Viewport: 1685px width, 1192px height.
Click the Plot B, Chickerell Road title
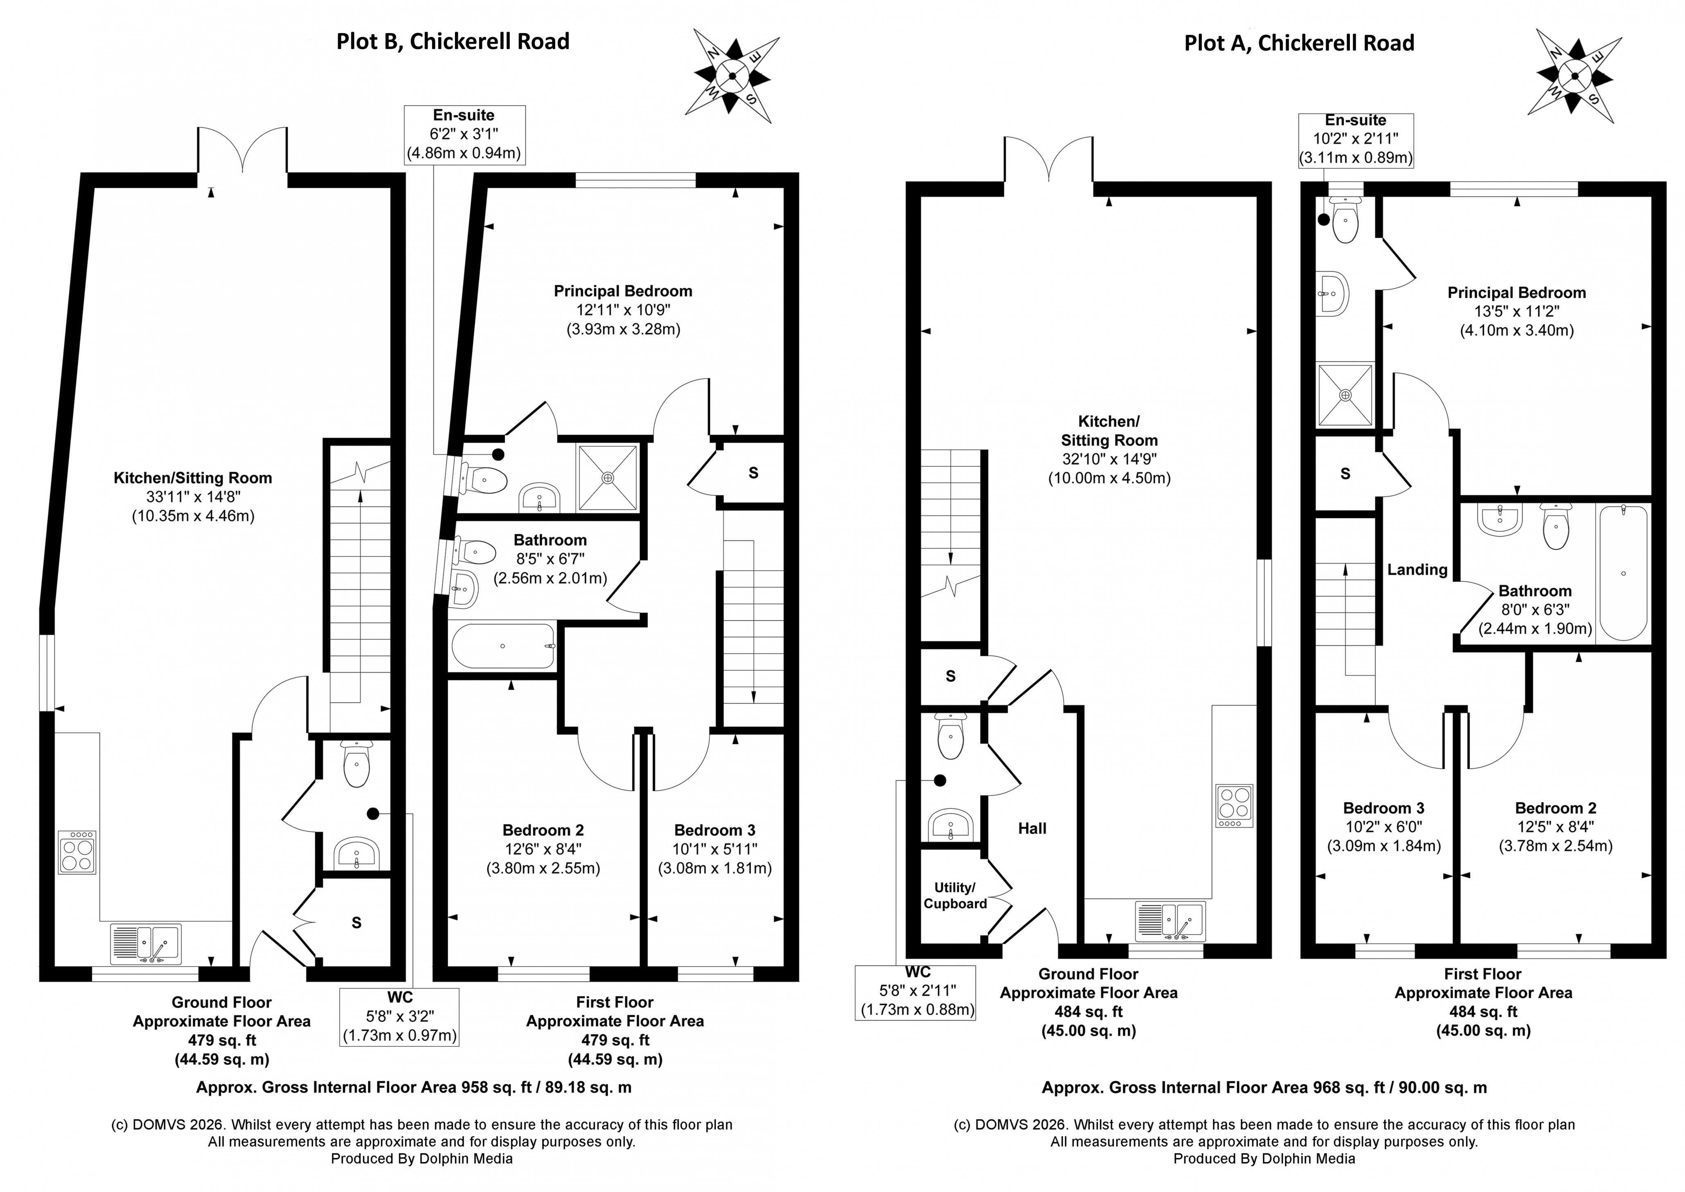(x=453, y=41)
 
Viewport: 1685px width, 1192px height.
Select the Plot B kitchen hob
(x=77, y=852)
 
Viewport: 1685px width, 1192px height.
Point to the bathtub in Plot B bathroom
(x=503, y=646)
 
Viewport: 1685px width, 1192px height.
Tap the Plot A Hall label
(x=1032, y=829)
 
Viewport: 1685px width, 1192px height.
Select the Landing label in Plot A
(x=1417, y=569)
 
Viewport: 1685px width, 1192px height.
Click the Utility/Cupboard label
(x=954, y=896)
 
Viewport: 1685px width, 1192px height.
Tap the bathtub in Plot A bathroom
(x=1623, y=573)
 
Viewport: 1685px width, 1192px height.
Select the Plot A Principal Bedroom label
(x=1516, y=293)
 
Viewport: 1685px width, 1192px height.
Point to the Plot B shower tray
(x=608, y=477)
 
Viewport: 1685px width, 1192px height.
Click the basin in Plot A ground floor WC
(x=951, y=826)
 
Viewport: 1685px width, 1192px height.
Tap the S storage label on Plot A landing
(x=1345, y=474)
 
